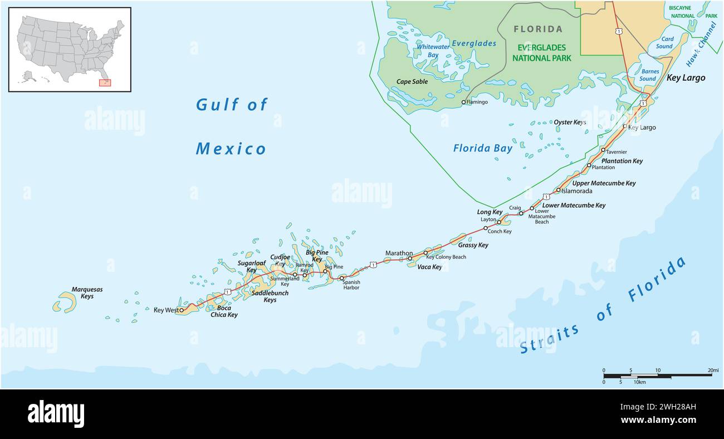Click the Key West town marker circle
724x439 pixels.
[182, 310]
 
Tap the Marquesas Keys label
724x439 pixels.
[87, 293]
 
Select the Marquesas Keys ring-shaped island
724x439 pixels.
[64, 303]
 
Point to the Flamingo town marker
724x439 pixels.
[463, 103]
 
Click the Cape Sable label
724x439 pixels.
[412, 82]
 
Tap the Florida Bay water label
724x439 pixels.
[482, 148]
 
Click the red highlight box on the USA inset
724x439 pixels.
[105, 83]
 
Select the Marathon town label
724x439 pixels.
[399, 253]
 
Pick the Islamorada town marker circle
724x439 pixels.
[558, 190]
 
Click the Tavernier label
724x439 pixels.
[617, 152]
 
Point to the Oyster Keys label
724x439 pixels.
[570, 122]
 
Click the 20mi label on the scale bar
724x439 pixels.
[713, 370]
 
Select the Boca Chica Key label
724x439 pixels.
[224, 311]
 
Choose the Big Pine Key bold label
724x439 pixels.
[317, 256]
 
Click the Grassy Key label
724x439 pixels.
[473, 245]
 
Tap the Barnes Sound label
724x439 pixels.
[649, 75]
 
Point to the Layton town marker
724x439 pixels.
[499, 222]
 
